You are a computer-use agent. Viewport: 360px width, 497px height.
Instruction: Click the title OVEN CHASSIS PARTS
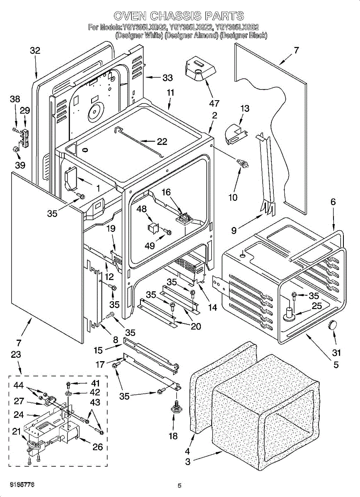[179, 16]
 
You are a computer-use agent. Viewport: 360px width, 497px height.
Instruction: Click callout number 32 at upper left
[35, 51]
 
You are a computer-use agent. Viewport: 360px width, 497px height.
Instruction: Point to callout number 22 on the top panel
[162, 142]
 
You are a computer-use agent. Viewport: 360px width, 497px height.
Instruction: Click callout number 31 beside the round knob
[336, 353]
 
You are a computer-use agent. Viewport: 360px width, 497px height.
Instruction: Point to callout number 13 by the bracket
[245, 109]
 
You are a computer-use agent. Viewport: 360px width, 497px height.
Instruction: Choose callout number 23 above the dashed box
[16, 355]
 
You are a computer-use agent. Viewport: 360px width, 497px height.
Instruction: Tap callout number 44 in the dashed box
[18, 386]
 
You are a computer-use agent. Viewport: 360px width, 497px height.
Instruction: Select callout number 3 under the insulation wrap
[188, 462]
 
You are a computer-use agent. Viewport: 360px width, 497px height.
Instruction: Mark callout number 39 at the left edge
[20, 165]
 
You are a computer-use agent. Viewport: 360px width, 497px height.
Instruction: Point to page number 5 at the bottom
[179, 486]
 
